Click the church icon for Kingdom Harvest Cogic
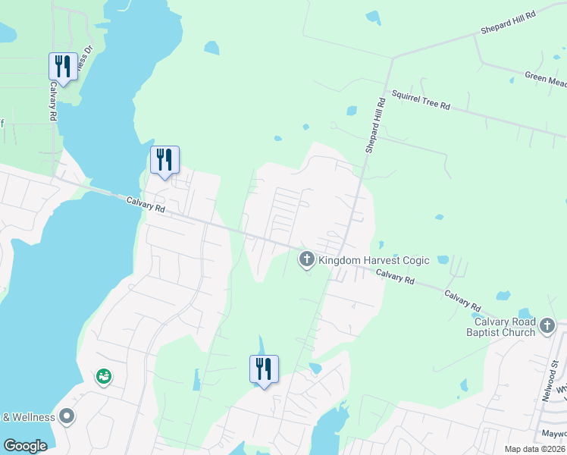pyautogui.click(x=307, y=260)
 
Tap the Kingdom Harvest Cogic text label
pyautogui.click(x=374, y=260)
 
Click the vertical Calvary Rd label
pyautogui.click(x=53, y=102)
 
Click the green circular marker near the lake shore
pyautogui.click(x=103, y=376)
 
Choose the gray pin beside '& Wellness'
pyautogui.click(x=67, y=416)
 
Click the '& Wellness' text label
pyautogui.click(x=28, y=417)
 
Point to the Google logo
pyautogui.click(x=25, y=445)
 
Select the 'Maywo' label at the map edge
pyautogui.click(x=553, y=435)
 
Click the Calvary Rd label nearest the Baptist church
pyautogui.click(x=462, y=300)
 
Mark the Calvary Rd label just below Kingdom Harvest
pyautogui.click(x=395, y=278)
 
